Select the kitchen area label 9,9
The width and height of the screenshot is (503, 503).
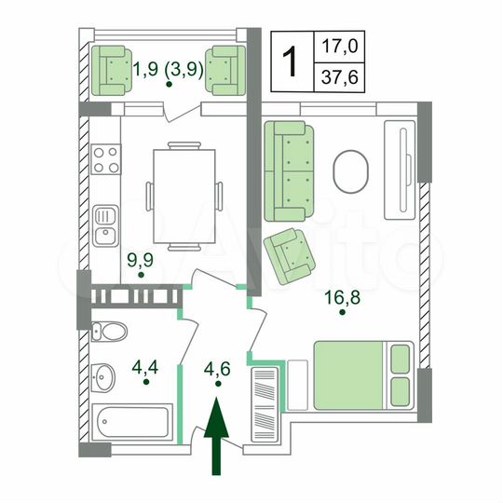point(141,260)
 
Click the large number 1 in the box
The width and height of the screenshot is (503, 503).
point(292,61)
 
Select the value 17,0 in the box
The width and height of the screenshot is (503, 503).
point(339,44)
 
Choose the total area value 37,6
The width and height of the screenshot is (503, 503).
point(339,77)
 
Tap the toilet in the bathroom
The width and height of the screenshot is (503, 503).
point(109,330)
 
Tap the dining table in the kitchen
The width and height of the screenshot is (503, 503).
point(184,195)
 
